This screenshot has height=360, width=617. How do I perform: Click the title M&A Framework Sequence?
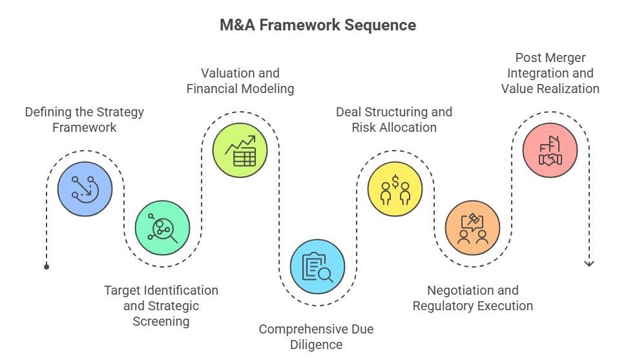tap(308, 25)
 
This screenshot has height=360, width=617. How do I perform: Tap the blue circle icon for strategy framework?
tap(85, 189)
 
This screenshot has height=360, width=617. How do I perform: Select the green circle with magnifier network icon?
tap(162, 228)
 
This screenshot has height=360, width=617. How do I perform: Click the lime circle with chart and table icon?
tap(240, 150)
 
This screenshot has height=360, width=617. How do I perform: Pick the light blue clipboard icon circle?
tap(317, 266)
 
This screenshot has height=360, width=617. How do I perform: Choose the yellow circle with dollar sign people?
tap(395, 189)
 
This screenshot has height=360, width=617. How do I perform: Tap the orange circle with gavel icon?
tap(472, 228)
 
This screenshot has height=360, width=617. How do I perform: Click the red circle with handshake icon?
tap(550, 150)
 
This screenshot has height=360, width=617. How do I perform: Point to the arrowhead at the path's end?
tap(589, 263)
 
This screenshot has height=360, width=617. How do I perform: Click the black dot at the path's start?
tap(47, 266)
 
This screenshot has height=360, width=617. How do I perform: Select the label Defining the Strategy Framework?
tap(85, 120)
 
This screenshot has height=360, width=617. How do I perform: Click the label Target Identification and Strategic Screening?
tap(161, 306)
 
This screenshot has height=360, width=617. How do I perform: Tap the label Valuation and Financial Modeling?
tap(240, 81)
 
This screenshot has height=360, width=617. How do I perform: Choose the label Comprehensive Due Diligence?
tap(316, 337)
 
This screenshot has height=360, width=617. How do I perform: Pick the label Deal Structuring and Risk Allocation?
tap(394, 120)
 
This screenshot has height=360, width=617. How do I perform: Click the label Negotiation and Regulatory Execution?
tap(472, 298)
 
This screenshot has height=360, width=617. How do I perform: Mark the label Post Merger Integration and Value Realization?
tap(550, 73)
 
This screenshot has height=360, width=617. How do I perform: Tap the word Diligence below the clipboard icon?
tap(316, 344)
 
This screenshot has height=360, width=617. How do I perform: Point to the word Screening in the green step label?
tap(161, 321)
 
